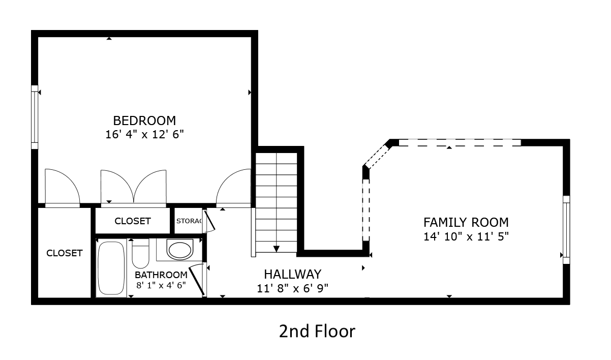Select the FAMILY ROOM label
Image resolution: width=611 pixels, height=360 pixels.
466,222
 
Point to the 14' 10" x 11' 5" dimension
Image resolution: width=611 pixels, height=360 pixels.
466,236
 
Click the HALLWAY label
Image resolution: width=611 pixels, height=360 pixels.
292,274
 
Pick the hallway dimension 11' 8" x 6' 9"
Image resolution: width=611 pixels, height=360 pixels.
292,288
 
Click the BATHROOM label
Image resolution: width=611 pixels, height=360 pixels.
161,275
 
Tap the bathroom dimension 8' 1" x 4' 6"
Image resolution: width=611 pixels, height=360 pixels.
161,285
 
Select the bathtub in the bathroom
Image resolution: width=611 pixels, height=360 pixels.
111,267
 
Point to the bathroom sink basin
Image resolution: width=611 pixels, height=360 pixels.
180,250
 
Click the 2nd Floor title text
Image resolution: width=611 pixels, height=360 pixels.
317,332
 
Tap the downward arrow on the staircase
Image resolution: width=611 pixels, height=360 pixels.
276,248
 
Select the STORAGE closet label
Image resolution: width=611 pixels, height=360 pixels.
189,221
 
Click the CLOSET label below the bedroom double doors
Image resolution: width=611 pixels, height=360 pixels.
132,221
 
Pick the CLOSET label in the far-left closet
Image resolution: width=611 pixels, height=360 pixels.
64,253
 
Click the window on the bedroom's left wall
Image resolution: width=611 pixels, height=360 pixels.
35,117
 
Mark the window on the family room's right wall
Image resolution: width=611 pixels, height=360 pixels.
566,229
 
